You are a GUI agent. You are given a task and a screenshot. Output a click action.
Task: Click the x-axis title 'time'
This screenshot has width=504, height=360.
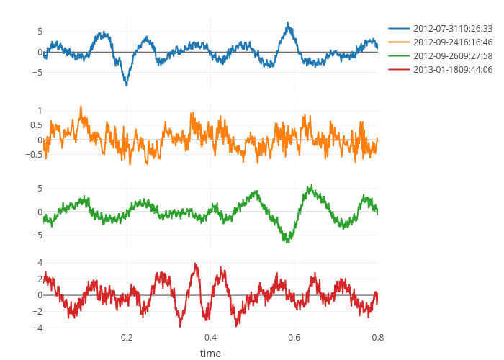point(210,354)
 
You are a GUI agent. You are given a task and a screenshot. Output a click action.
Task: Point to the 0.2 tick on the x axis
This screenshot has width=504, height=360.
point(127,337)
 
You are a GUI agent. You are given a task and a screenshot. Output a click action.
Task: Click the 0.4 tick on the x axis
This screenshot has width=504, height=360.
point(210,337)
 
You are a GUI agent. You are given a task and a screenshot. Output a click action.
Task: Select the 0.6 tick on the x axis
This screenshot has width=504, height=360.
point(294,337)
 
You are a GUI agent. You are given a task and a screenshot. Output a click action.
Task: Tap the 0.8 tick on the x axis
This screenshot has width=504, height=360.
point(377,337)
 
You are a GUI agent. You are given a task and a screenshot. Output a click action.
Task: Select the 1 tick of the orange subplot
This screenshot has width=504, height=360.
point(39,110)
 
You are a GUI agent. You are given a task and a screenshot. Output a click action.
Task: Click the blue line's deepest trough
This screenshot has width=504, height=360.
point(127,85)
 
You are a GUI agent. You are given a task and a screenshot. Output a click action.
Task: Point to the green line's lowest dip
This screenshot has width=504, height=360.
point(287,242)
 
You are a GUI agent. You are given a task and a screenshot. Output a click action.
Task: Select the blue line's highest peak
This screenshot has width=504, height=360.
point(288,24)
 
